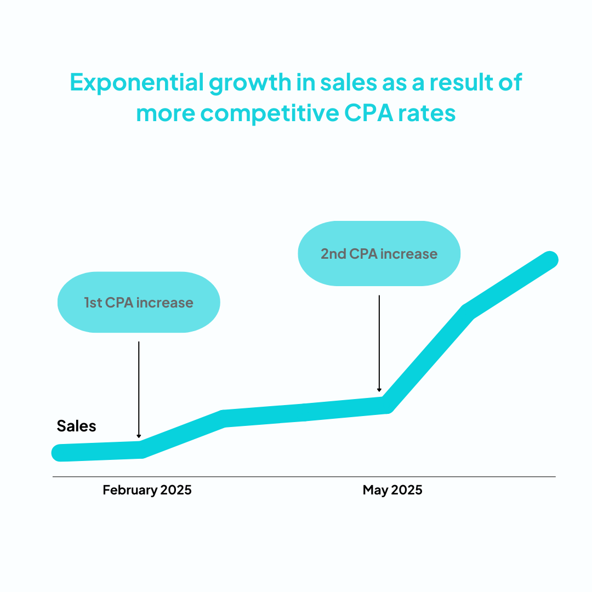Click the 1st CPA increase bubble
[x=139, y=302]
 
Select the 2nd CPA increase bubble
[x=379, y=254]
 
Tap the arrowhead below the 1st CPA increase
[x=139, y=436]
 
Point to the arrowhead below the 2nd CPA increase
[x=379, y=390]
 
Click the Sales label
[x=76, y=426]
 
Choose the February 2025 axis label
[x=147, y=490]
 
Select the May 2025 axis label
[x=392, y=490]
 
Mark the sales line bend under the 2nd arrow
[x=386, y=405]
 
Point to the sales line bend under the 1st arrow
[x=141, y=449]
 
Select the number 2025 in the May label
[x=407, y=490]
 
